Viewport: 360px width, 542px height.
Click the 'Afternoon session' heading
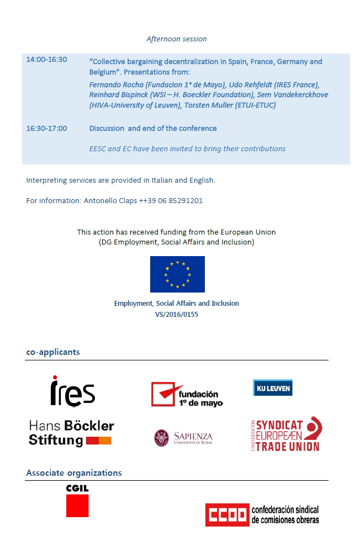(x=176, y=39)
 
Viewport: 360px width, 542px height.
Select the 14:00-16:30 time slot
(x=46, y=60)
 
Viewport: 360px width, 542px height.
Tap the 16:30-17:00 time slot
(x=46, y=129)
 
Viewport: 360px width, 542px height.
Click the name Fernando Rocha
(x=115, y=84)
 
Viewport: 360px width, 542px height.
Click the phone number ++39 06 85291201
(x=171, y=201)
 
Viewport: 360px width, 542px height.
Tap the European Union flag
(x=177, y=274)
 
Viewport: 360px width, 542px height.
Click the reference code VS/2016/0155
(x=177, y=315)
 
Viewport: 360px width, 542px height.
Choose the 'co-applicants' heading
(x=53, y=352)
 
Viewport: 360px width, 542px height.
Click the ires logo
(x=72, y=391)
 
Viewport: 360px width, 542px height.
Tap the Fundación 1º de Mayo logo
(x=187, y=394)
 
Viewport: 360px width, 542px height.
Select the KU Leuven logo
(x=272, y=387)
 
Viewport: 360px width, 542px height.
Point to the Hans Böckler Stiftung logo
(x=71, y=433)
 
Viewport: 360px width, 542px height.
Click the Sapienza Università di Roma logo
(x=183, y=438)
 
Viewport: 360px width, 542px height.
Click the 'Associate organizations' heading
(x=74, y=473)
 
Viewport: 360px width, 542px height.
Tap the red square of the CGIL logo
(x=77, y=506)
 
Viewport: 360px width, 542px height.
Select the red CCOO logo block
(x=227, y=515)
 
